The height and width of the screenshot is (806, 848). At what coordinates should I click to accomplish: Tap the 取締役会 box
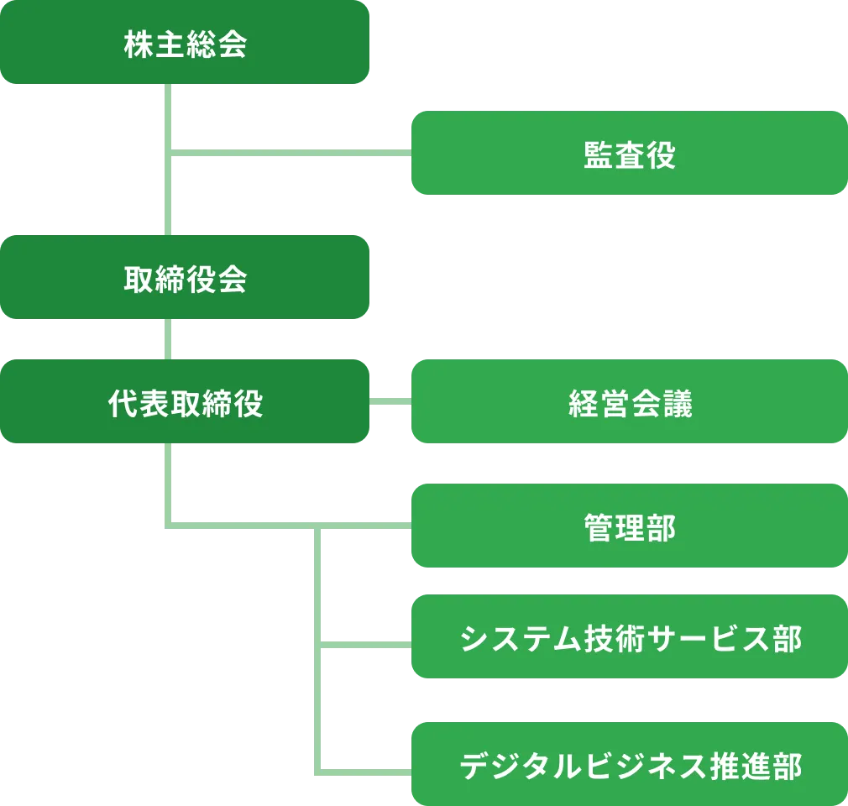click(x=185, y=279)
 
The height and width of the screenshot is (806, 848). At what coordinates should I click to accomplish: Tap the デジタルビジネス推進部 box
click(x=629, y=765)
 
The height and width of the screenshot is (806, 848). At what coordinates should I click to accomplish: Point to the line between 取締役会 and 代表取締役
click(x=168, y=339)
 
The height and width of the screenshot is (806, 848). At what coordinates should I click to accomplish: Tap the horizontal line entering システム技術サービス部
click(x=366, y=645)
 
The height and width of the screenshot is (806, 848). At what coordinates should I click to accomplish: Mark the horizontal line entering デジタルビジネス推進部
click(x=366, y=771)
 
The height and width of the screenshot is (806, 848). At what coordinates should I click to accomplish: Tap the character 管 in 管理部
click(x=598, y=529)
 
